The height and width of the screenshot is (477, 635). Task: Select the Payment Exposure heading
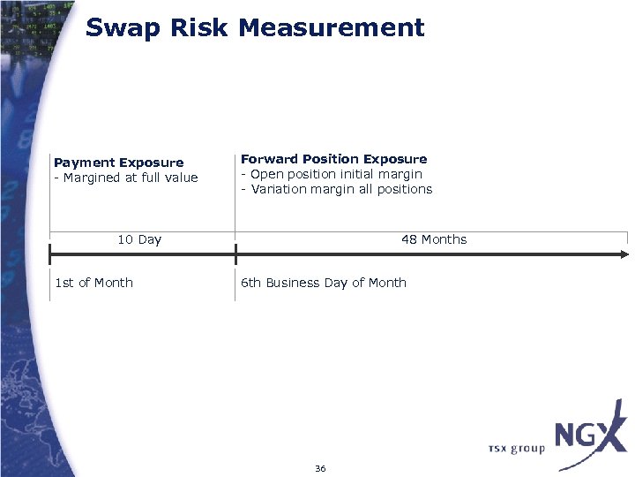point(119,163)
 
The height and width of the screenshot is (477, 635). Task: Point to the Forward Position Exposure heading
point(333,159)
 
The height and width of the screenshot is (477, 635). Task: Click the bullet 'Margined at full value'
point(126,178)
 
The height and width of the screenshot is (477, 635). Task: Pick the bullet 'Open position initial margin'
point(332,174)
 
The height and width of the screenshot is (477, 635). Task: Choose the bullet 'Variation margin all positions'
point(337,189)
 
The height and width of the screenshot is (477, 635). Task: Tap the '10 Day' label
point(139,239)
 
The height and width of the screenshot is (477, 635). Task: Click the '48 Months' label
point(434,239)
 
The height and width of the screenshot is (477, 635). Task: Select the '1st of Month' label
point(93,283)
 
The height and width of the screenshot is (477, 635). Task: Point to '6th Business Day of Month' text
point(324,283)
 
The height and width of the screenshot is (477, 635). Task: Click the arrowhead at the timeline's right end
point(621,254)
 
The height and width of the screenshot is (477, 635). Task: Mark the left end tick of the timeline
point(51,254)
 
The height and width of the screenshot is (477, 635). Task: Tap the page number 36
point(320,468)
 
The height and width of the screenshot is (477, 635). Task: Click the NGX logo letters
point(590,435)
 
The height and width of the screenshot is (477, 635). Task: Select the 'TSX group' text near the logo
point(517,449)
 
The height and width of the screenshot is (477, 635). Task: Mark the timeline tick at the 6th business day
point(235,254)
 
